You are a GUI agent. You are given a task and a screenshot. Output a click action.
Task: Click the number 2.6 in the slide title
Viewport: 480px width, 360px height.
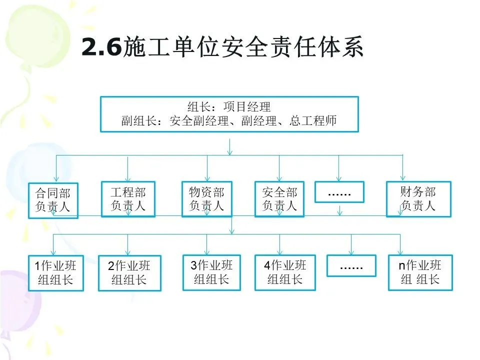pos(101,48)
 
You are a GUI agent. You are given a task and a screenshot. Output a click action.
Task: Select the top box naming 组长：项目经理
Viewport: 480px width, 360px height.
pos(229,114)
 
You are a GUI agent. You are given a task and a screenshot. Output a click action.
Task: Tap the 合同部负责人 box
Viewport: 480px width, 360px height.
pos(53,199)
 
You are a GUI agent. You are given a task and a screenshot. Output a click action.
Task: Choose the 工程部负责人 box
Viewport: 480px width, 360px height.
pos(128,199)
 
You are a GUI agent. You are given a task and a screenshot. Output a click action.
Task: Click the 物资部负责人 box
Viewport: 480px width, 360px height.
pos(206,199)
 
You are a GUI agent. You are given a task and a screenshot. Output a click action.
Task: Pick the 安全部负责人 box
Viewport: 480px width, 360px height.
pos(279,199)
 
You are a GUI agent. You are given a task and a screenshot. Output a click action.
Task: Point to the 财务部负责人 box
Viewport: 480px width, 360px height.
pos(418,199)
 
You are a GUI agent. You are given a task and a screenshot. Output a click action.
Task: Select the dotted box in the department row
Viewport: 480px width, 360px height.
pos(339,192)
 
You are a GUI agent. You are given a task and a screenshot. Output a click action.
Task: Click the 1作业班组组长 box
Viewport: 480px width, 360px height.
pos(55,273)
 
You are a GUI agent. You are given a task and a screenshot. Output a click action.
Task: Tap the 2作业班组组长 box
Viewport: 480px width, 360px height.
pos(129,273)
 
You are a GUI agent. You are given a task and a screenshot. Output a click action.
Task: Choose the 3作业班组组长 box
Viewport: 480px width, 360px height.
pos(211,272)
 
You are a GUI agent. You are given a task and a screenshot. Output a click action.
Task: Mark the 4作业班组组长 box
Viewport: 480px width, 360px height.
pos(285,272)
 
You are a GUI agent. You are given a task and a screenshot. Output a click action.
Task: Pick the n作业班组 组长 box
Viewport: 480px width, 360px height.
pos(420,272)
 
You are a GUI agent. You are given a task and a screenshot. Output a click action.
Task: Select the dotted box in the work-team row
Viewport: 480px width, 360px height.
pos(351,265)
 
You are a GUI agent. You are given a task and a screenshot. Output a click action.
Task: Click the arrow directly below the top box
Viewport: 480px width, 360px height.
pos(229,147)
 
